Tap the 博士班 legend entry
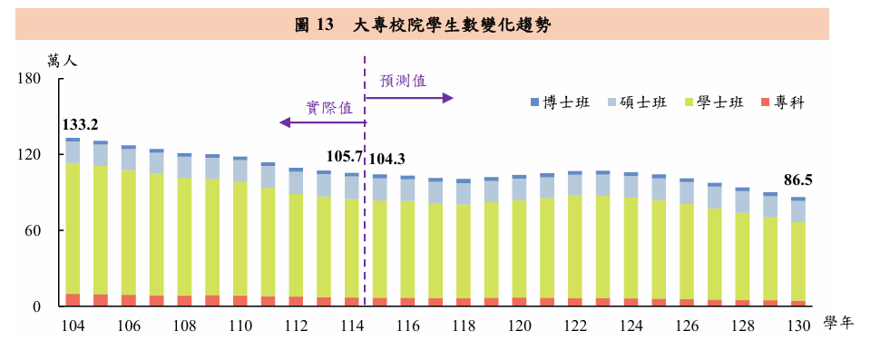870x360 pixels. pos(560,102)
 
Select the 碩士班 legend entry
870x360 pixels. pos(637,102)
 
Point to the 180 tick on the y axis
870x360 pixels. pos(32,79)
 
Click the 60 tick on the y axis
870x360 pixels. pos(35,230)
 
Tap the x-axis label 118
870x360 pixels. pos(464,326)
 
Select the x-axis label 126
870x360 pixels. pos(688,326)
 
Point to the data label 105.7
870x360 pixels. pos(344,157)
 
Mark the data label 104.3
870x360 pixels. pos(386,160)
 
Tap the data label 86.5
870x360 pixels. pos(797,180)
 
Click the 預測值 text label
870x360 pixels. pos(403,81)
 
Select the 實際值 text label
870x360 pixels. pos(329,108)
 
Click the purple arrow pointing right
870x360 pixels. pos(409,98)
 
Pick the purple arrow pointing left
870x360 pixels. pos(322,122)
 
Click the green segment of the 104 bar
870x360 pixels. pos(73,229)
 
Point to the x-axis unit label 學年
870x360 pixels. pos(838,324)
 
